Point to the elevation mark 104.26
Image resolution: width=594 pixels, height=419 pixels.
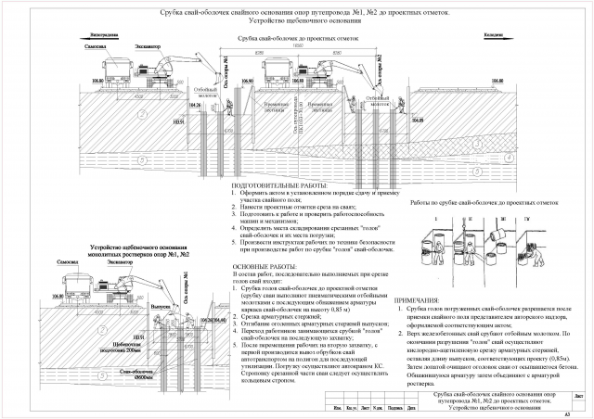pyautogui.click(x=194, y=107)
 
